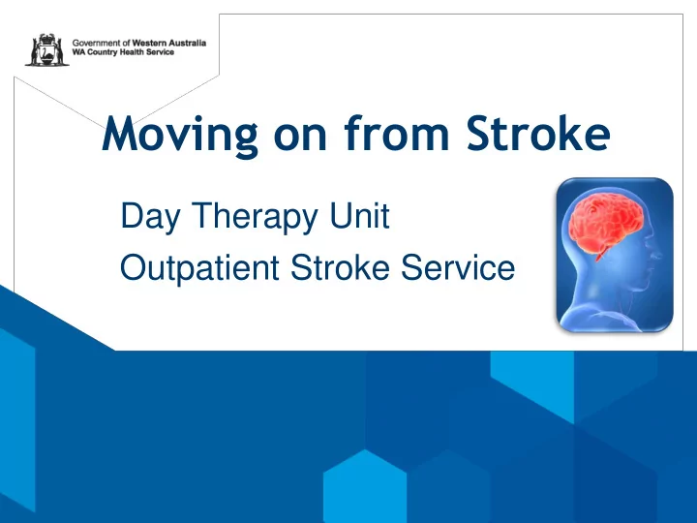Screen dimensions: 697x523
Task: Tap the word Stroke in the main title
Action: [x=538, y=134]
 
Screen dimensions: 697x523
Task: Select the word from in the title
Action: [x=397, y=133]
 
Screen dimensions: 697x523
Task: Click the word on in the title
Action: [x=300, y=138]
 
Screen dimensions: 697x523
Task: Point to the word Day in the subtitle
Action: [x=150, y=218]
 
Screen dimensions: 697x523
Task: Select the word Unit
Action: [x=359, y=215]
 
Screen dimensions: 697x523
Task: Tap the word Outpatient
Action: [x=199, y=268]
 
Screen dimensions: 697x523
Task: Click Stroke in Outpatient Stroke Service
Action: [x=340, y=267]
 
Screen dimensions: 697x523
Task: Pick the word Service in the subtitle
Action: [x=458, y=267]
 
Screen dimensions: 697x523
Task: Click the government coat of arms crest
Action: [x=47, y=49]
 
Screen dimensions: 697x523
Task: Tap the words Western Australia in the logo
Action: [x=168, y=44]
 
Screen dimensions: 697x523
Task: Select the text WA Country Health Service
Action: [x=123, y=52]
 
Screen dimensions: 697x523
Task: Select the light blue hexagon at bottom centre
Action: [x=365, y=486]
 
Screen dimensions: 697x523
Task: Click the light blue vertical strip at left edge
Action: [x=17, y=419]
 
